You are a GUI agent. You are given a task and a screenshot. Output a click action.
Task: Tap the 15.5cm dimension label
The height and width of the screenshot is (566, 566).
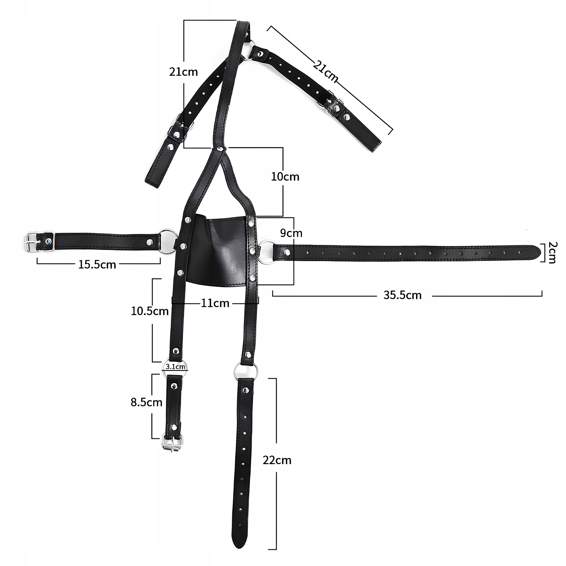click(97, 265)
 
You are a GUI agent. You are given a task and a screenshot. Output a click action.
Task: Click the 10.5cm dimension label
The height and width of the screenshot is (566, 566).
click(150, 311)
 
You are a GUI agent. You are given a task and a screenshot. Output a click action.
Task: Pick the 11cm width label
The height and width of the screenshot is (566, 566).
click(215, 303)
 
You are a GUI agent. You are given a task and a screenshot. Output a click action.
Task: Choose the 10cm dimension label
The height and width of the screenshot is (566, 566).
click(285, 177)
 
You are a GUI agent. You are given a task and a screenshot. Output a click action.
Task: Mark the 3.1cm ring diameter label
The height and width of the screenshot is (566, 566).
click(175, 367)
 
